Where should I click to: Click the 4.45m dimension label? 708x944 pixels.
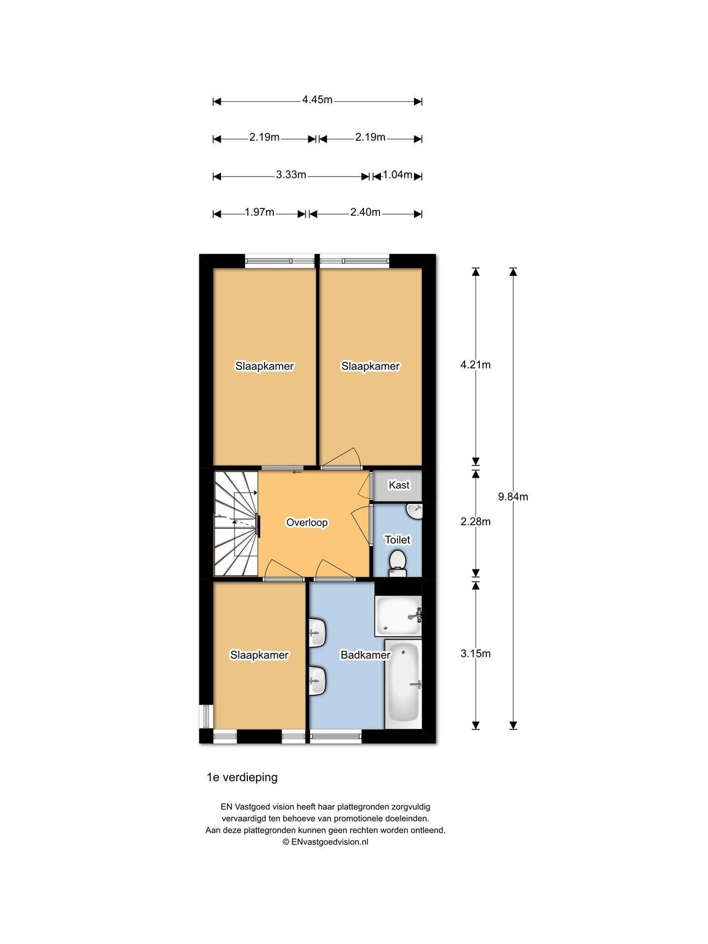[x=317, y=100]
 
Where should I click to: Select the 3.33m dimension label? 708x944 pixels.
[x=291, y=175]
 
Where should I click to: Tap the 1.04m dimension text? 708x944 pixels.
[x=397, y=175]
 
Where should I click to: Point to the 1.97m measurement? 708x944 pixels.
[x=260, y=212]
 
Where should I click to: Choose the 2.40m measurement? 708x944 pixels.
[x=365, y=212]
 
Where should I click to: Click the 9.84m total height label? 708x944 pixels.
[x=513, y=497]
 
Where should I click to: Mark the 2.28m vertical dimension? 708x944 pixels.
[x=475, y=522]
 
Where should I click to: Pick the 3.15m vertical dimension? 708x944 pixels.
[x=475, y=654]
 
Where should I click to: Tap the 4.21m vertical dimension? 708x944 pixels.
[x=475, y=365]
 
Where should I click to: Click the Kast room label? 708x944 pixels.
[x=399, y=485]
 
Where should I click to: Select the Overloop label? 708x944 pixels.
[x=307, y=523]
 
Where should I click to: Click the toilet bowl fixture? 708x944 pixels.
[x=397, y=563]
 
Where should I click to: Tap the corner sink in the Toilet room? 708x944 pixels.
[x=415, y=511]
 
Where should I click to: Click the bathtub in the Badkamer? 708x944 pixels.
[x=403, y=683]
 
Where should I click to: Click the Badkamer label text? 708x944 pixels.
[x=365, y=655]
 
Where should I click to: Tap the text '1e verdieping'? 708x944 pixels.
[x=242, y=777]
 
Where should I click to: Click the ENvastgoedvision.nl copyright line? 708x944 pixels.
[x=325, y=842]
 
